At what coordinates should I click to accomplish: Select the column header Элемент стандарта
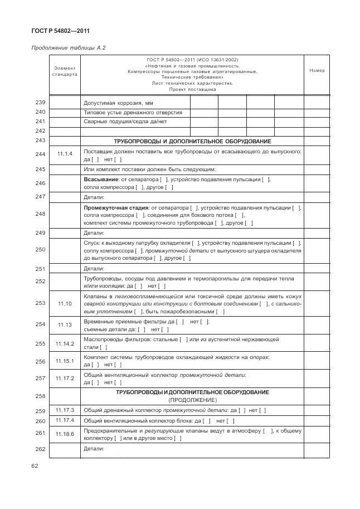(x=65, y=71)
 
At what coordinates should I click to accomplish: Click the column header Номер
(x=317, y=70)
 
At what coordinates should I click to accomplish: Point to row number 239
(x=40, y=103)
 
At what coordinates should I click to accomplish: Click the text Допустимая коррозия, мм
(x=118, y=103)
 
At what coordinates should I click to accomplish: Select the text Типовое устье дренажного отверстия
(x=133, y=112)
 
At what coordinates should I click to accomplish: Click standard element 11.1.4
(x=65, y=154)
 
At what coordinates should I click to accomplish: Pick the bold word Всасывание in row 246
(x=100, y=180)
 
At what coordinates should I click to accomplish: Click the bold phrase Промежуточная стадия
(x=115, y=207)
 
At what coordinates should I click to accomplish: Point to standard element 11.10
(x=65, y=304)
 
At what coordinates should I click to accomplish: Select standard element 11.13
(x=65, y=324)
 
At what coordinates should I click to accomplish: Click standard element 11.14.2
(x=65, y=343)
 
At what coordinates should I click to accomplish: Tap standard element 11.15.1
(x=65, y=361)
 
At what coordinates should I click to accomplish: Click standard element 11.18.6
(x=65, y=433)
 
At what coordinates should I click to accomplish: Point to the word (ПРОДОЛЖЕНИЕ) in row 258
(x=192, y=400)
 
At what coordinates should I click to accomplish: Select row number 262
(x=40, y=449)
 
